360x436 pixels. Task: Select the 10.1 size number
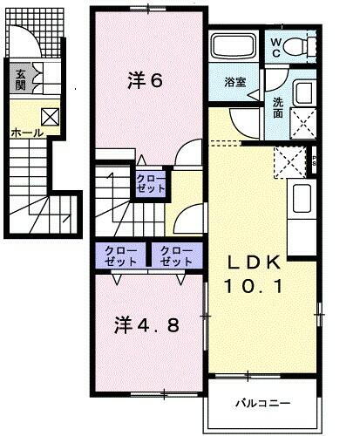tap(255, 286)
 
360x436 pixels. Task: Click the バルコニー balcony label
tap(262, 404)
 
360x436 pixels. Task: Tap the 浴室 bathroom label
tap(234, 83)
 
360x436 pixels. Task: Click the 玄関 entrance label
tap(20, 81)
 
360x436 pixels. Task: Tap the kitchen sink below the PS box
tap(302, 199)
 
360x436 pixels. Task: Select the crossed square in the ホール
tap(50, 117)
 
